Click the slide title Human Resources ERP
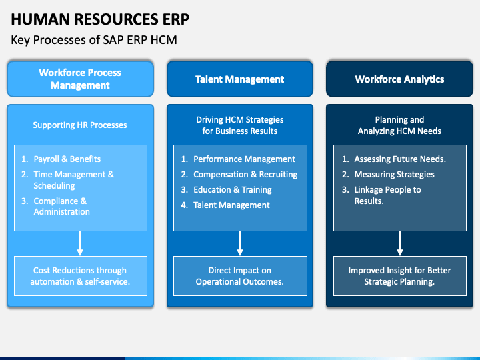(x=100, y=19)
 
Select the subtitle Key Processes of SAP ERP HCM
(x=94, y=41)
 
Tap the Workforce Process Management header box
(x=80, y=79)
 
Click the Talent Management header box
(x=239, y=79)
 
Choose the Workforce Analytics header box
(x=399, y=79)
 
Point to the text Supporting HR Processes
(x=80, y=125)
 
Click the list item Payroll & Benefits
(x=67, y=159)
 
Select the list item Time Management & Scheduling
(x=73, y=180)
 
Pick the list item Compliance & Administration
(x=61, y=206)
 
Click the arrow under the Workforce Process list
(x=80, y=243)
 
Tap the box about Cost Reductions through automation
(x=80, y=276)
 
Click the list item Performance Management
(x=244, y=159)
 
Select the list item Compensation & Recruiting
(x=245, y=174)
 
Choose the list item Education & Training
(x=232, y=189)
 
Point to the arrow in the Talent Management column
(x=240, y=243)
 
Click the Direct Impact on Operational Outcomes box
(x=239, y=276)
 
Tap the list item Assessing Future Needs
(x=400, y=159)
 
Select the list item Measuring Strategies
(x=394, y=174)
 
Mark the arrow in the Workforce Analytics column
(x=400, y=243)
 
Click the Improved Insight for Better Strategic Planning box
(x=399, y=276)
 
